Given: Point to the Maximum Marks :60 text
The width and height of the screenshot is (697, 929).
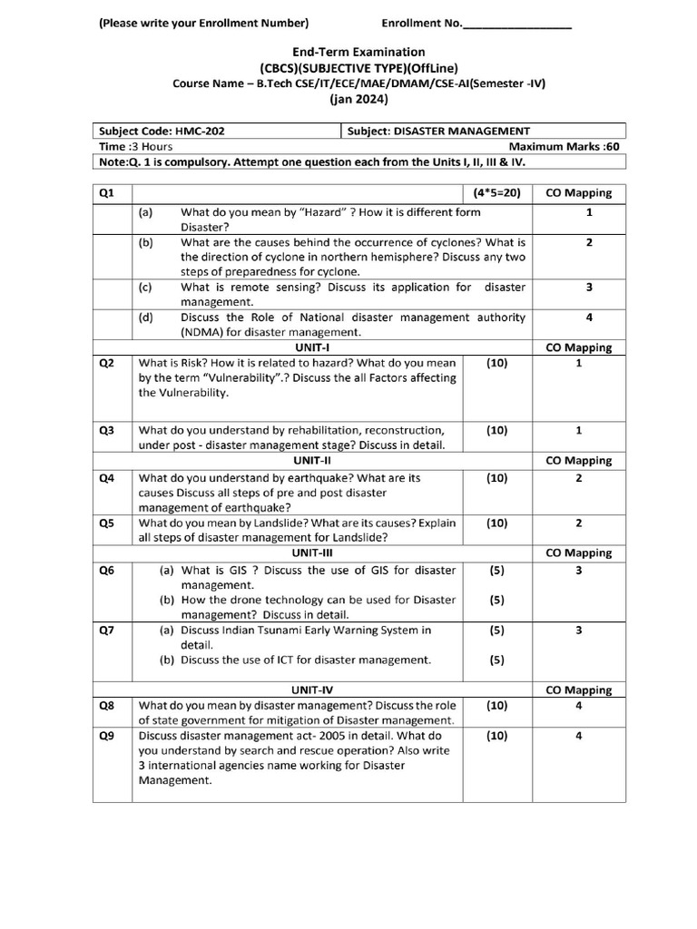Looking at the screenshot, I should [564, 147].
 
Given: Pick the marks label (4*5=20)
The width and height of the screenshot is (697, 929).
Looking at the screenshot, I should [496, 192].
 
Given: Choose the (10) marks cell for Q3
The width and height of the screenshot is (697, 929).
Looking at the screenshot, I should [496, 430].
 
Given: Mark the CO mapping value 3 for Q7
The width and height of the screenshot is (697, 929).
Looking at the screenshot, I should [578, 630].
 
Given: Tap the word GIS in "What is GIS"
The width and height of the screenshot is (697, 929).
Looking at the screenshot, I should [233, 571].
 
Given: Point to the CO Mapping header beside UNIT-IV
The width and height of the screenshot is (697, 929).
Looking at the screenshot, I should [578, 690].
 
